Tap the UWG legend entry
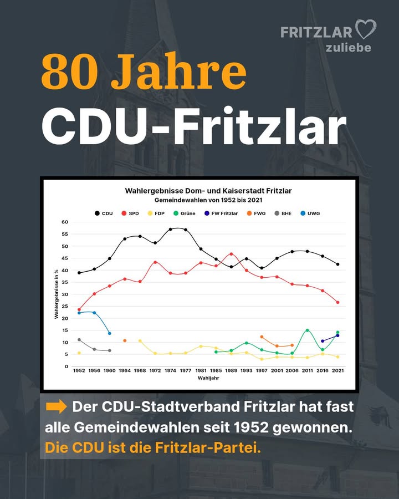coord(310,213)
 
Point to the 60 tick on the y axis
coord(65,222)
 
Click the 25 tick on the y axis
coord(65,307)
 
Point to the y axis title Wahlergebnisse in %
coord(56,294)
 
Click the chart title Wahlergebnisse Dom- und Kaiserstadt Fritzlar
coord(208,191)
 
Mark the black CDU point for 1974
coord(170,229)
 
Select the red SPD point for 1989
coord(231,254)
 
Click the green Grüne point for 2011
coord(307,330)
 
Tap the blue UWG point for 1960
coord(109,333)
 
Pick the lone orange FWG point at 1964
coord(125,340)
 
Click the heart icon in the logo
coord(365,29)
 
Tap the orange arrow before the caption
coord(56,407)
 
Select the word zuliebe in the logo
coord(348,48)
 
